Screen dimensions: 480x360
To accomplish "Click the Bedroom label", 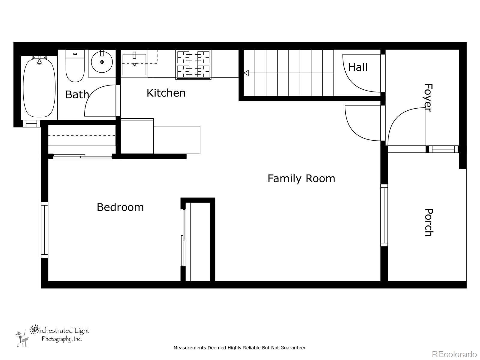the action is pos(120,207).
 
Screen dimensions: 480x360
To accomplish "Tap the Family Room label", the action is pos(301,178).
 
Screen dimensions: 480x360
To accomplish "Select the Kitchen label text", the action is pos(166,93).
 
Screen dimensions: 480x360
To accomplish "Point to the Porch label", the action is pos(429,222).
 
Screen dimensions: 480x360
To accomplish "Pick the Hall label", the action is pos(358,67).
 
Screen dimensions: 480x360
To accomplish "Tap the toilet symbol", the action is pos(75,66).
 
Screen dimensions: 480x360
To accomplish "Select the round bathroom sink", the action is pos(102,62).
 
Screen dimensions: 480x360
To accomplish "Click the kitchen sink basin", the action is pos(134,64).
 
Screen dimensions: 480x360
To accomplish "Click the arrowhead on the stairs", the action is pos(246,73).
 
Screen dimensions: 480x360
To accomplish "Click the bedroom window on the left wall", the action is pos(44,230).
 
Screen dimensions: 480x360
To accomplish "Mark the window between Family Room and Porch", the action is pos(384,215).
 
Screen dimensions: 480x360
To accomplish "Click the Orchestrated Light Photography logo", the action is pos(52,335).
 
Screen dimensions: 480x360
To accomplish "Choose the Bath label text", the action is pos(77,94).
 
